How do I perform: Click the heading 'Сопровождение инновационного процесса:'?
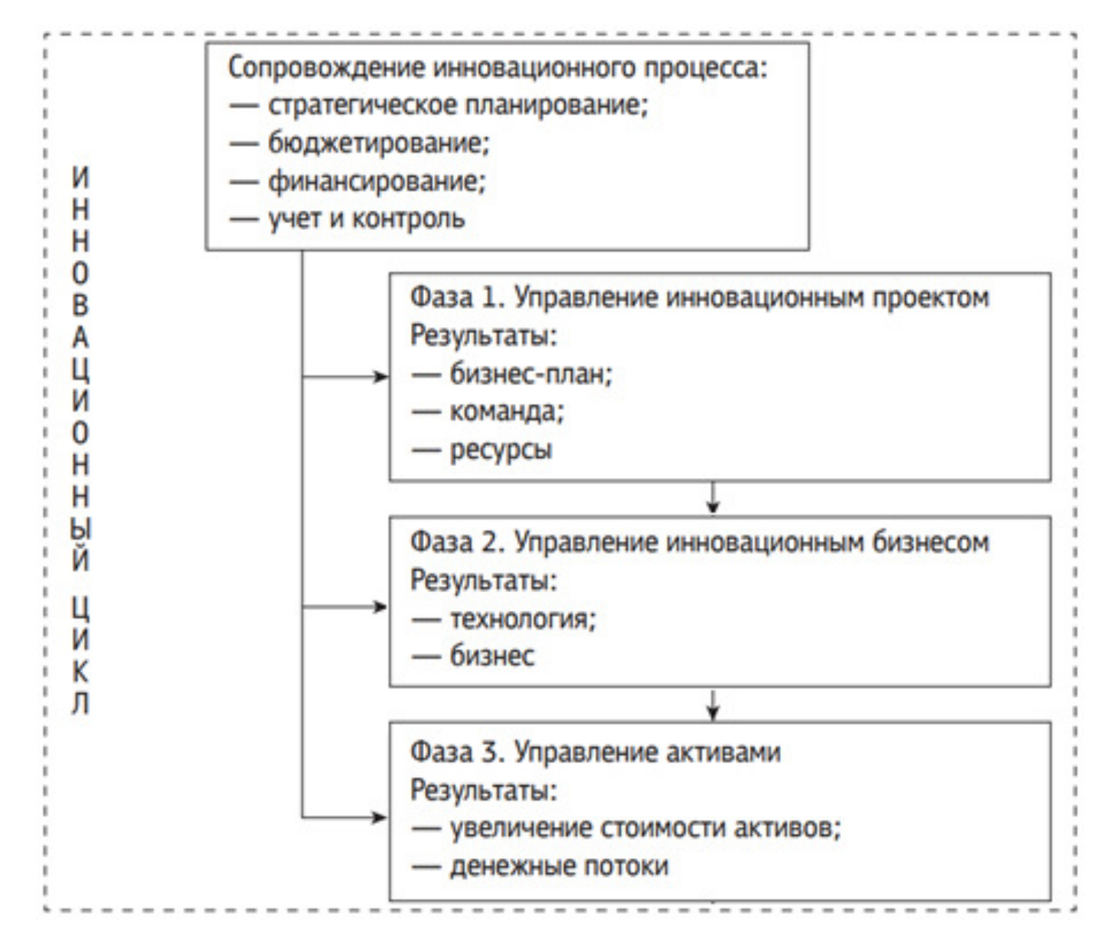497,68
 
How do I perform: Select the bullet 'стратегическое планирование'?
458,106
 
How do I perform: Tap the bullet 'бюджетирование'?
379,143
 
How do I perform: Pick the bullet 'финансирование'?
376,181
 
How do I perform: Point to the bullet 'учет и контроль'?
366,219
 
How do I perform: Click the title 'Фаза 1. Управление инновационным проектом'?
699,298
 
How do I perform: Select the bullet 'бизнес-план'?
530,375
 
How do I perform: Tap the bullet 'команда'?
506,412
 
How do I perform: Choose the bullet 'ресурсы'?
501,449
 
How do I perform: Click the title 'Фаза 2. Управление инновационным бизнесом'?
699,542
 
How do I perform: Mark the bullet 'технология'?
523,619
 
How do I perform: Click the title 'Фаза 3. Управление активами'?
595,752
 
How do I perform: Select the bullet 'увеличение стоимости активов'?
645,828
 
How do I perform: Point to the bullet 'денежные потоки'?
559,866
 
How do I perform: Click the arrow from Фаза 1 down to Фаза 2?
713,498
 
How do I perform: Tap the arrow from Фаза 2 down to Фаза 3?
713,704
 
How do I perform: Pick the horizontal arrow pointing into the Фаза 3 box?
345,817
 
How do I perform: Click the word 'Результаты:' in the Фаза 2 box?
483,580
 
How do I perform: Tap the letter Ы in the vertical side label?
81,528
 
